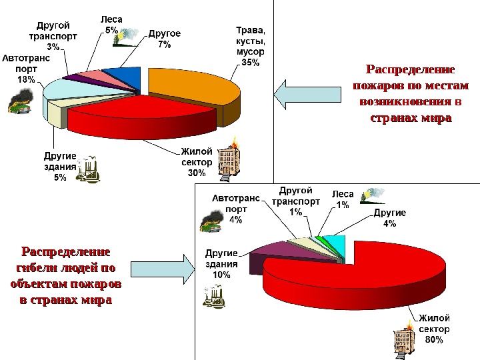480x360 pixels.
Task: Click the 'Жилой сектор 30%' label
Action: pos(197,162)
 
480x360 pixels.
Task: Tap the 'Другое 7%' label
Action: pos(164,38)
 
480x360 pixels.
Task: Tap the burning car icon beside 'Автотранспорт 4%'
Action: pos(211,220)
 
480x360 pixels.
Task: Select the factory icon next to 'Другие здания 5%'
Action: pos(89,169)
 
